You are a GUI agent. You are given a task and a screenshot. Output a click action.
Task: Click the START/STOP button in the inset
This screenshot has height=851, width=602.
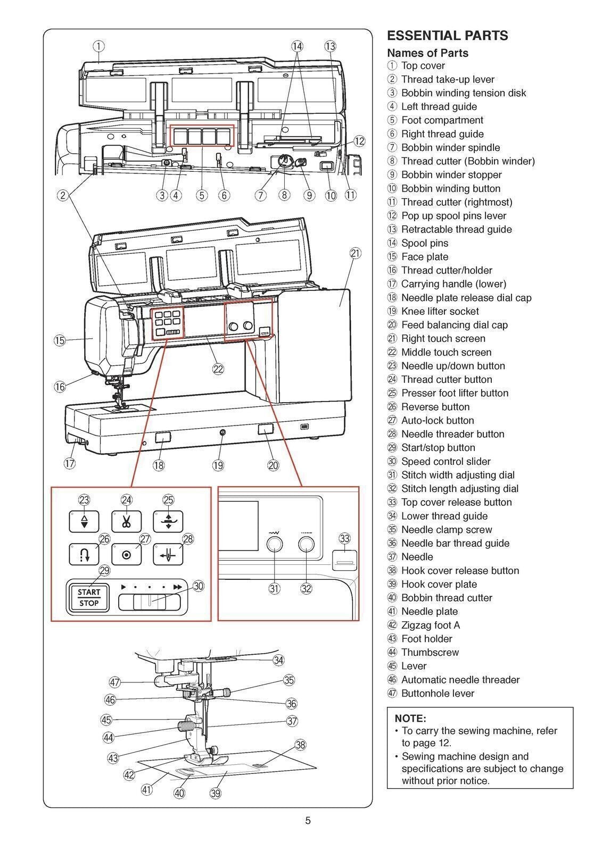pyautogui.click(x=88, y=597)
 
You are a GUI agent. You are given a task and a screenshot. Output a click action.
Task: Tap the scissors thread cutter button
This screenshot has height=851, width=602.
pyautogui.click(x=126, y=522)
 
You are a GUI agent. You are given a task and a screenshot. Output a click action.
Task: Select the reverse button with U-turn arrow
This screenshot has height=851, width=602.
pyautogui.click(x=84, y=555)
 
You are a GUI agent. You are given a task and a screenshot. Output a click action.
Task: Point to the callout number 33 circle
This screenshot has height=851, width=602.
pyautogui.click(x=345, y=539)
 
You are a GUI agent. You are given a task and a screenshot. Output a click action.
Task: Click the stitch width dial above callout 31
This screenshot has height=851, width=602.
pyautogui.click(x=275, y=544)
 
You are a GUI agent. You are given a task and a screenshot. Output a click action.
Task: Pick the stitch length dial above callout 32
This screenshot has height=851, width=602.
pyautogui.click(x=306, y=544)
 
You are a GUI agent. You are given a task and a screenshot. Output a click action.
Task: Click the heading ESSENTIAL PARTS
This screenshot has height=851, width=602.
pyautogui.click(x=447, y=36)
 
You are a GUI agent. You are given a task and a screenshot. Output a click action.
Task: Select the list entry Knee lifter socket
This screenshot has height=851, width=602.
pyautogui.click(x=440, y=311)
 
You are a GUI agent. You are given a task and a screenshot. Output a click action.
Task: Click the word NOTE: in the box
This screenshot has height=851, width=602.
pyautogui.click(x=410, y=718)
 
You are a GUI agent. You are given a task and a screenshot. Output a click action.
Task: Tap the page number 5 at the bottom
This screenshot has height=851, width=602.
pyautogui.click(x=308, y=820)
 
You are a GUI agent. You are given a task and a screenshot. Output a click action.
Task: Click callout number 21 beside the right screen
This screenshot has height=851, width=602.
pyautogui.click(x=356, y=253)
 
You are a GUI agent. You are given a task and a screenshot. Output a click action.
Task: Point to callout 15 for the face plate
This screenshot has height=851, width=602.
pyautogui.click(x=60, y=340)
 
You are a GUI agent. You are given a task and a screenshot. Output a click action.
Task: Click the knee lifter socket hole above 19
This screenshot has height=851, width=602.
pyautogui.click(x=222, y=433)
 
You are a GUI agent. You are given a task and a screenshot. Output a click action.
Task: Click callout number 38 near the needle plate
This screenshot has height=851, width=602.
pyautogui.click(x=300, y=745)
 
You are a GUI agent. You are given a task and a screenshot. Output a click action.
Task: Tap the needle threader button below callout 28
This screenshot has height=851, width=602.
pyautogui.click(x=168, y=555)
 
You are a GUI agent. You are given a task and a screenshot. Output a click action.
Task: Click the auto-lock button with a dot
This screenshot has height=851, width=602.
pyautogui.click(x=126, y=555)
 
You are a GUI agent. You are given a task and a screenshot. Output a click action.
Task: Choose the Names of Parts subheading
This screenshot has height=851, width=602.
pyautogui.click(x=427, y=53)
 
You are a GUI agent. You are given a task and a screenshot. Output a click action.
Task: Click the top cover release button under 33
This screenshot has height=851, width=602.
pyautogui.click(x=345, y=561)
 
